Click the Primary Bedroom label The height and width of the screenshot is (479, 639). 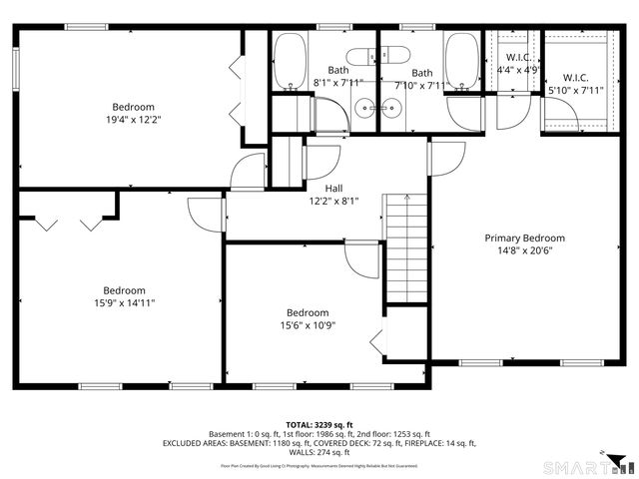pyautogui.click(x=524, y=239)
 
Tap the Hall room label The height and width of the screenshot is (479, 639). pyautogui.click(x=335, y=187)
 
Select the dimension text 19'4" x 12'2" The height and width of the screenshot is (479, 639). pyautogui.click(x=133, y=120)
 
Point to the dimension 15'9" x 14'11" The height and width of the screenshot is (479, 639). pyautogui.click(x=125, y=302)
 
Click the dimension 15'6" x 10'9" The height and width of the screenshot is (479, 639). pyautogui.click(x=308, y=325)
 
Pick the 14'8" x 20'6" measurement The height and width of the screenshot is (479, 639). pyautogui.click(x=524, y=250)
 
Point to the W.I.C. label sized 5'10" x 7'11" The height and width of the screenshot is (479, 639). pyautogui.click(x=575, y=78)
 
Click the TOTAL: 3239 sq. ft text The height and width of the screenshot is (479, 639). pyautogui.click(x=319, y=424)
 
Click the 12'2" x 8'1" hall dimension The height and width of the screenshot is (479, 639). pyautogui.click(x=335, y=200)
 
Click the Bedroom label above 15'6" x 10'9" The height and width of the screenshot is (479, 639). pyautogui.click(x=308, y=312)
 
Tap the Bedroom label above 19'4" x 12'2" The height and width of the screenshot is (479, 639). pyautogui.click(x=133, y=107)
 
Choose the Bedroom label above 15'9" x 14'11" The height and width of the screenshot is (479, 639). pyautogui.click(x=125, y=290)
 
